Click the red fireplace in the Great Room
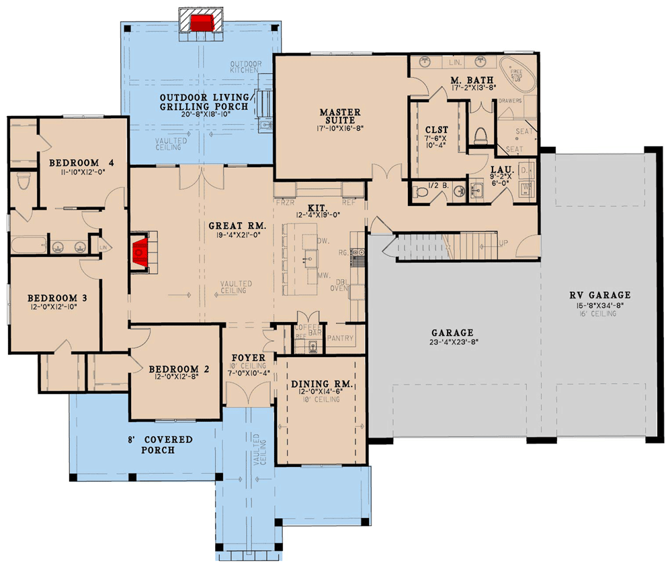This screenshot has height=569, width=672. pos(140,254)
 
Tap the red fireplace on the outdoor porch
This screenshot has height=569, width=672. pos(202,24)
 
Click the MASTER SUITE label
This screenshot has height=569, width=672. pos(340,116)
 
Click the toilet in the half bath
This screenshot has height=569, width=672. pos(421,192)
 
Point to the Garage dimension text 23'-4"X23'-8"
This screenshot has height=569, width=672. pos(453,342)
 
